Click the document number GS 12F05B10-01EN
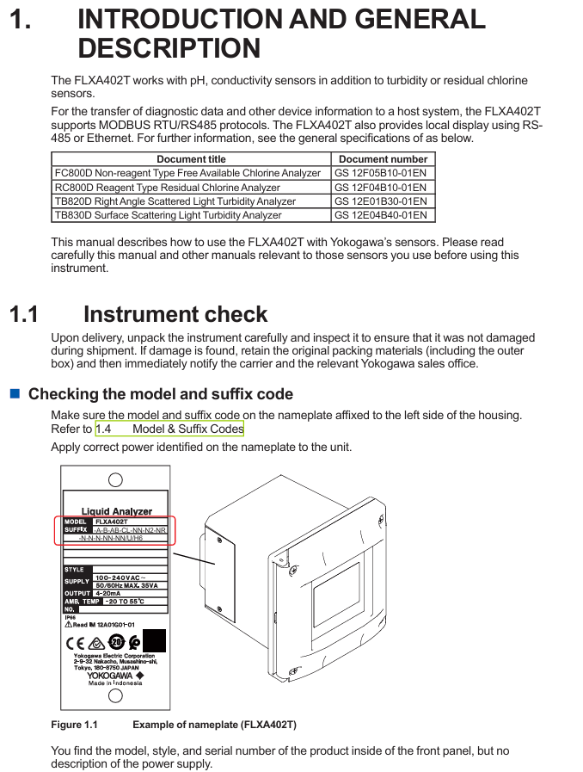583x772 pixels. point(380,173)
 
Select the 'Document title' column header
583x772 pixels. point(191,159)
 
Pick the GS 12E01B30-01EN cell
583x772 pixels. point(380,201)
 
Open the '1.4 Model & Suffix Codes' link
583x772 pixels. point(169,429)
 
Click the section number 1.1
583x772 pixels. point(24,314)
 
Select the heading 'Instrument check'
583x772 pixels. point(175,314)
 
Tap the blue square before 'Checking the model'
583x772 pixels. point(15,393)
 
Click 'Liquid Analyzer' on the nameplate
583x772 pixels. point(116,511)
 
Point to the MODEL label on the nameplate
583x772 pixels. point(77,522)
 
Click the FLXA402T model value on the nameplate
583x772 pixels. point(112,522)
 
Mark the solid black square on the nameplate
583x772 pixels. point(154,641)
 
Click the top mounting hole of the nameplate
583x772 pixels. point(115,480)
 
